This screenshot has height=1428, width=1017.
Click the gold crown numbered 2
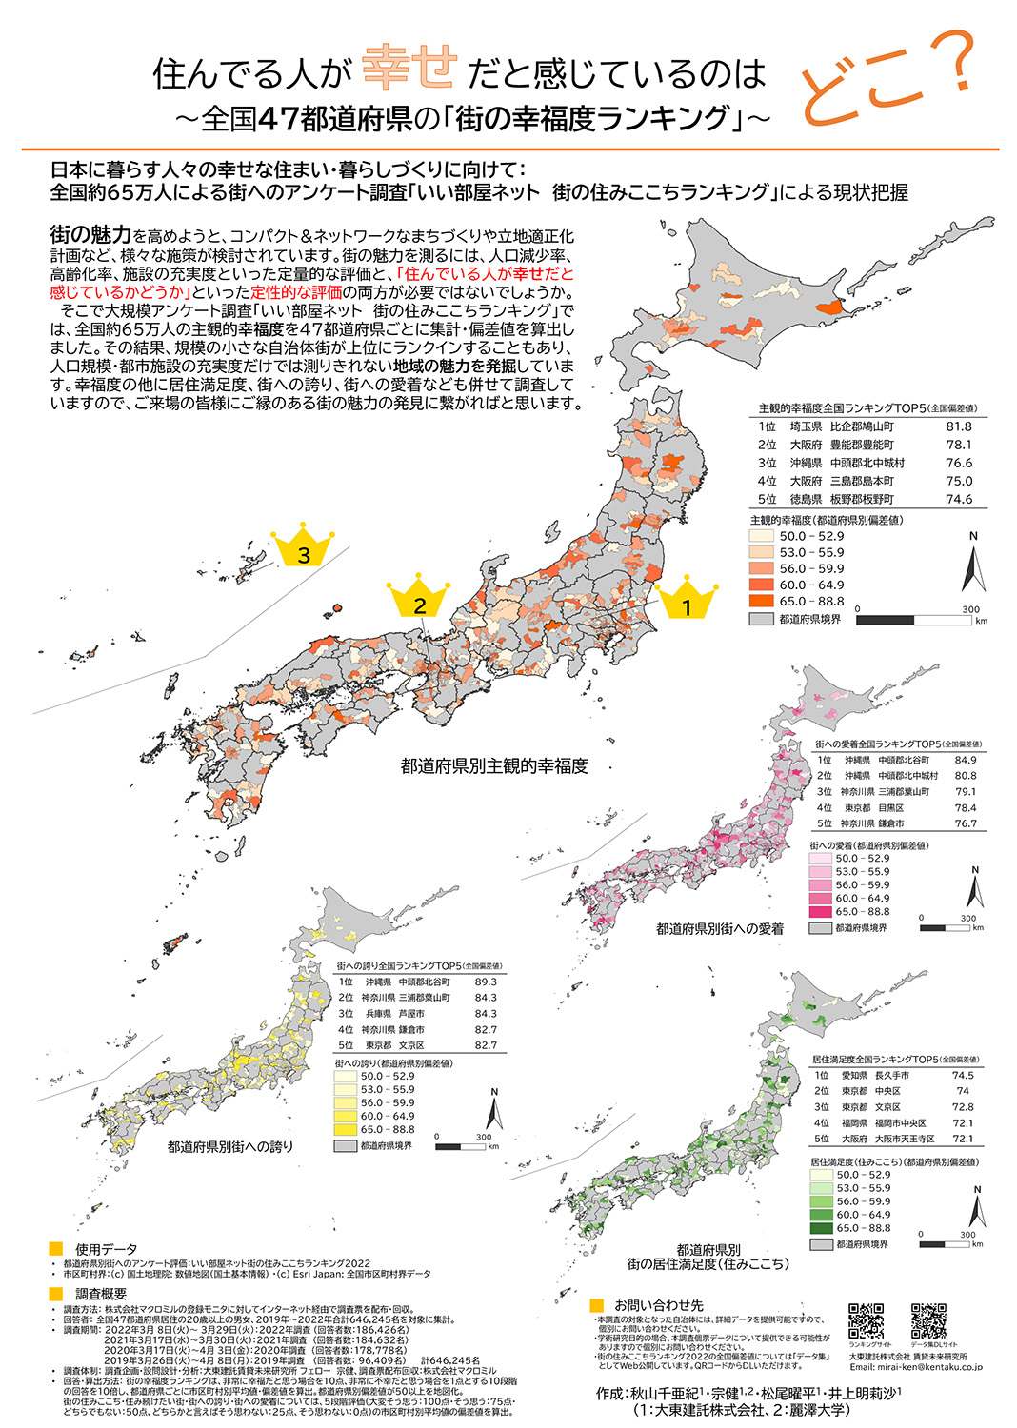coord(419,599)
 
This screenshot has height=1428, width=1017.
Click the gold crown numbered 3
coord(304,549)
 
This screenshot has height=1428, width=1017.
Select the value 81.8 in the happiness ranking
coord(959,426)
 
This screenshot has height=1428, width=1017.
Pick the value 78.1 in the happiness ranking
coord(959,445)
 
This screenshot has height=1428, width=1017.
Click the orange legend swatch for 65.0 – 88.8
coord(761,602)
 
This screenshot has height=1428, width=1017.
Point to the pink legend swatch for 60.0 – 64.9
coord(820,898)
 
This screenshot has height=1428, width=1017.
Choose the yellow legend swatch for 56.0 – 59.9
coord(345,1102)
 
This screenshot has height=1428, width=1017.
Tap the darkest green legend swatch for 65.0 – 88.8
coord(820,1228)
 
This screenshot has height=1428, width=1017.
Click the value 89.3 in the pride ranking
coord(486,982)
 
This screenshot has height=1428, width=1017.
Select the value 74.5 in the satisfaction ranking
coord(963,1075)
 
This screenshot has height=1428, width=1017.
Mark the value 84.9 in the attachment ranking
coord(965,760)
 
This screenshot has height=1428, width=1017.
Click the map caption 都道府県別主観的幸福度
coord(494,766)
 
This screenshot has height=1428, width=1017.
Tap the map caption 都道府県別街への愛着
coord(719,928)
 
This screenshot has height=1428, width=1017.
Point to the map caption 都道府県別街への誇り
coord(230,1147)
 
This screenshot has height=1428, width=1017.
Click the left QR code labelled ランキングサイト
coord(866,1321)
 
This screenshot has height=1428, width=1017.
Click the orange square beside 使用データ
coord(56,1249)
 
